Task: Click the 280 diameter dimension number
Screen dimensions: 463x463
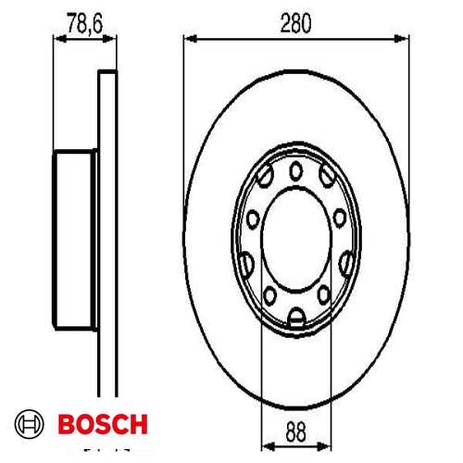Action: pyautogui.click(x=296, y=22)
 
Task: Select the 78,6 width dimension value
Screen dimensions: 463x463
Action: pyautogui.click(x=84, y=22)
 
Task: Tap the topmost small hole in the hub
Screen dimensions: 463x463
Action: pyautogui.click(x=296, y=169)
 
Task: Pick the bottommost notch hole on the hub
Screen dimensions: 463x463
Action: pyautogui.click(x=296, y=319)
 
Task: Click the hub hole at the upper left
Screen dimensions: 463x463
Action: pyautogui.click(x=266, y=176)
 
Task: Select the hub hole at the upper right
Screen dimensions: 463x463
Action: pyautogui.click(x=327, y=176)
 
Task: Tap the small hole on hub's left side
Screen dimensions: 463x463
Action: pyautogui.click(x=252, y=219)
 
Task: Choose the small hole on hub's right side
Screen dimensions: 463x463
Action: pyautogui.click(x=341, y=219)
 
